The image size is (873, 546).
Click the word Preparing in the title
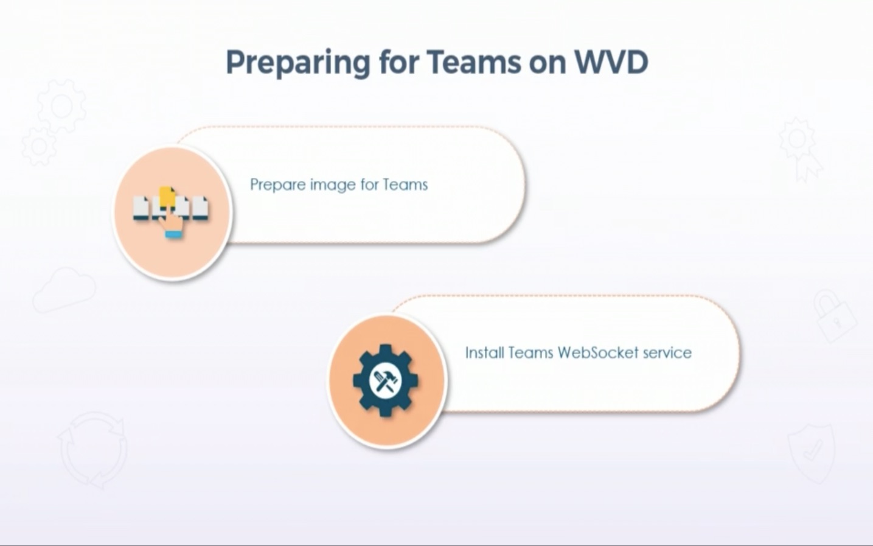[x=297, y=63]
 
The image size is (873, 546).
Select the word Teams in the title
[x=473, y=61]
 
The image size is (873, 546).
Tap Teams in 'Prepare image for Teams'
[x=405, y=184]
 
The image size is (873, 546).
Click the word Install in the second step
[x=484, y=352]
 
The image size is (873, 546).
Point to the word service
[x=667, y=352]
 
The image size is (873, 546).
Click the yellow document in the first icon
[x=166, y=196]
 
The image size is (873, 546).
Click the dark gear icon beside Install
[x=385, y=381]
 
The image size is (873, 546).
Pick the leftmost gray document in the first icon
[x=141, y=208]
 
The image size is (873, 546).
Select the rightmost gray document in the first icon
[x=200, y=208]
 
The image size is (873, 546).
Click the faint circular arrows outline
[x=93, y=450]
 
